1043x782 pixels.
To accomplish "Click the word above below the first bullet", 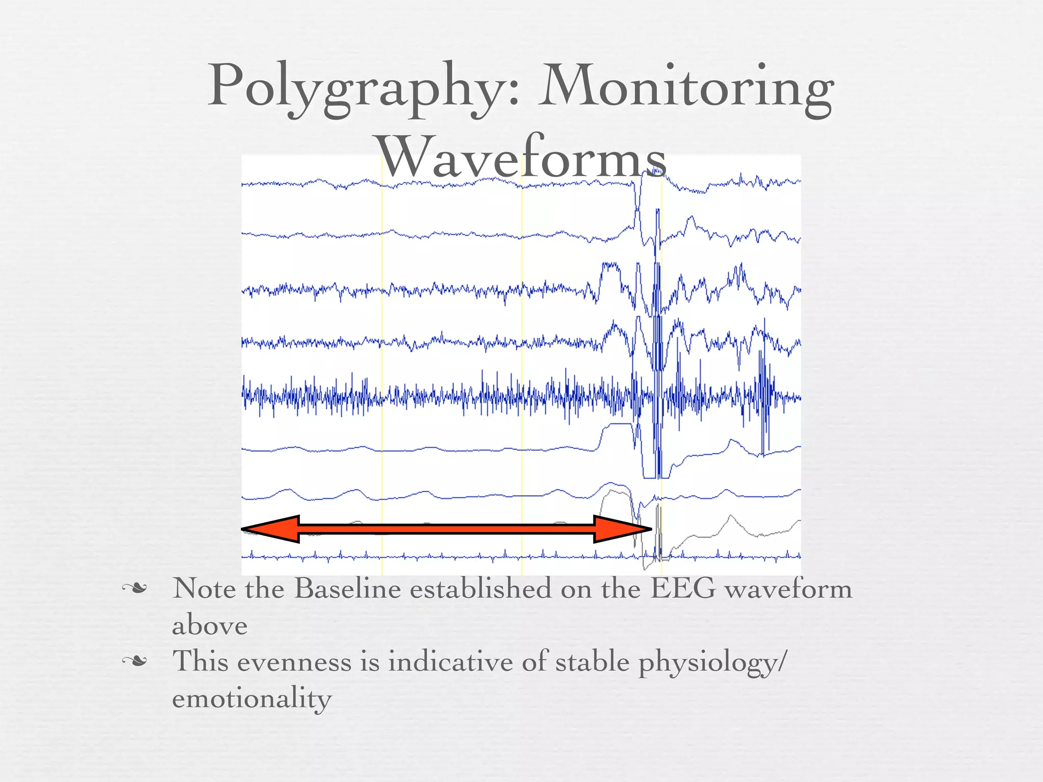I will (210, 626).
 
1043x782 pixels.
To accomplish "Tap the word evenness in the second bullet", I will (294, 662).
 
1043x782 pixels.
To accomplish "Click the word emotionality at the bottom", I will (252, 699).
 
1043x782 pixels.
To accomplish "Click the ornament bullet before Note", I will (134, 590).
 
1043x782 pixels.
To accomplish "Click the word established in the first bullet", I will (481, 589).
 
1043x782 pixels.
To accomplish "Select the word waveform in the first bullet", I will (788, 590).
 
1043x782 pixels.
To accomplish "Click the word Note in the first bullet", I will (204, 589).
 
